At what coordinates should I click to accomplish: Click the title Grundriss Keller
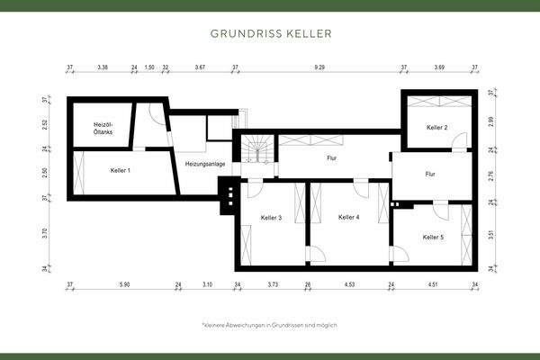tap(270, 33)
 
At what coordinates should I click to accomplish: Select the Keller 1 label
tap(120, 170)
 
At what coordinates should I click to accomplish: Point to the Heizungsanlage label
tap(205, 164)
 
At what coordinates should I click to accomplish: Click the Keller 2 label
tap(436, 128)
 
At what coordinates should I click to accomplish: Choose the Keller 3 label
tap(271, 218)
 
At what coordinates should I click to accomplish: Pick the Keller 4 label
tap(348, 217)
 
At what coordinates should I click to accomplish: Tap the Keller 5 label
tap(432, 237)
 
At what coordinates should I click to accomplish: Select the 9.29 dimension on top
tap(319, 67)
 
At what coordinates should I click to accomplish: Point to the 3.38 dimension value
tap(103, 67)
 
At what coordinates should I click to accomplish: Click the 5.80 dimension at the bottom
tap(124, 285)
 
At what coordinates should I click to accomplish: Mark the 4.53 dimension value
tap(349, 285)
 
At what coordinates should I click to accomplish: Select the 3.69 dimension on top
tap(439, 67)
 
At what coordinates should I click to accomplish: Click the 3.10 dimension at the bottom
tap(208, 285)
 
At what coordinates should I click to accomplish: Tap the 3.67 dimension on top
tap(201, 67)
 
